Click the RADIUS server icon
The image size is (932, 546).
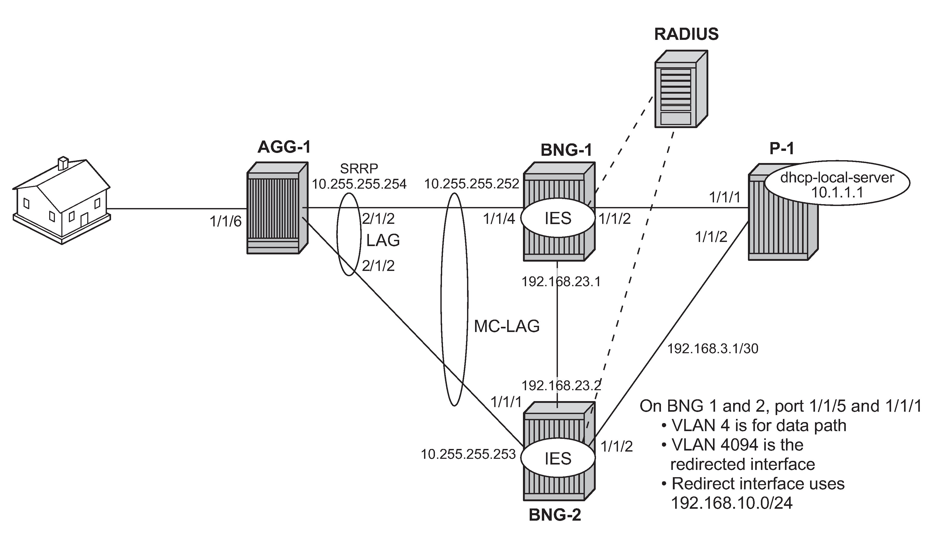coord(681,90)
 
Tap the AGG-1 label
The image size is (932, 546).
coord(284,147)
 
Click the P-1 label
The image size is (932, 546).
coord(782,149)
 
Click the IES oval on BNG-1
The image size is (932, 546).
coord(558,218)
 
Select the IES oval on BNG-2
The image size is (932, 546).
coord(558,458)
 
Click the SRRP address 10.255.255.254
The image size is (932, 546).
coord(359,184)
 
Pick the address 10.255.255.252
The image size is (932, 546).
coord(471,184)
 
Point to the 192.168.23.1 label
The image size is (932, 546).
coord(561,282)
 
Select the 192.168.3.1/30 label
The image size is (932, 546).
coord(713,349)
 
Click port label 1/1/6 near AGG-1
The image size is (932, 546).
coord(225,222)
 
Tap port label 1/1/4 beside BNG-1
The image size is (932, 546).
coord(499,219)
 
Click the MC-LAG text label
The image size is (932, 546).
coord(507,326)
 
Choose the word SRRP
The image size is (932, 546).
coord(359,168)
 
